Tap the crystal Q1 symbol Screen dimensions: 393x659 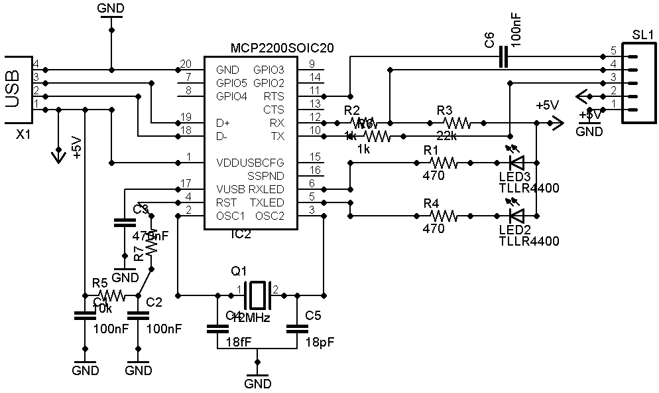(257, 291)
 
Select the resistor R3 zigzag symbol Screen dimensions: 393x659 (457, 122)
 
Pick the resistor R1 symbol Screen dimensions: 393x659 (443, 161)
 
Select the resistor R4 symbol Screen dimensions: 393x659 (443, 214)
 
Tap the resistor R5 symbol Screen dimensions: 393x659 (110, 294)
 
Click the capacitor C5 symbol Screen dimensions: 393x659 (298, 328)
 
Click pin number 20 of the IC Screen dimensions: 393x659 (186, 64)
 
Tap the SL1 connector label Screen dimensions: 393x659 (642, 35)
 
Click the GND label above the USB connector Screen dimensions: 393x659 (110, 9)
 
